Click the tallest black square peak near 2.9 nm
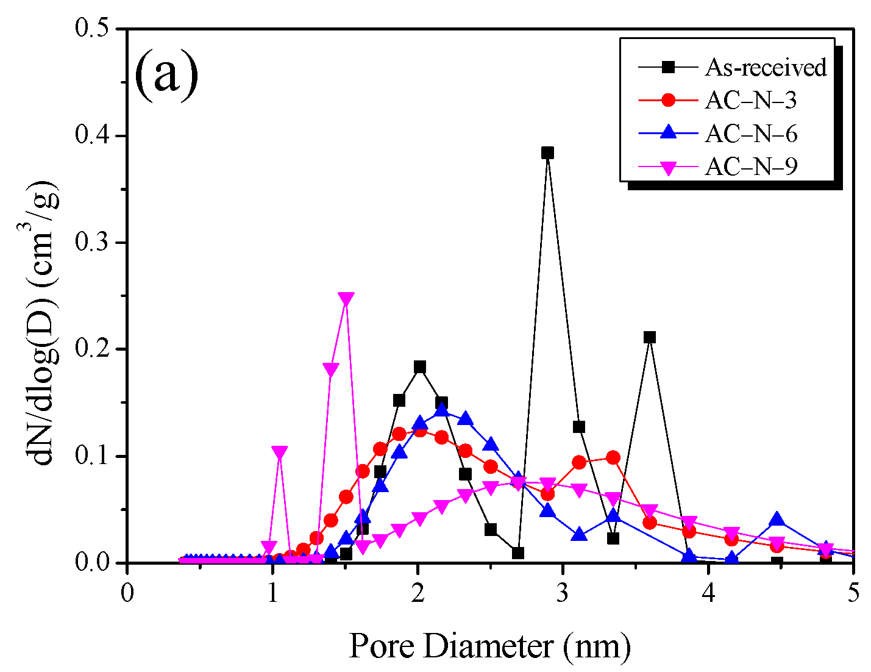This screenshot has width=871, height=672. [x=547, y=152]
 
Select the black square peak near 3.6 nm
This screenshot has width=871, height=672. [x=650, y=337]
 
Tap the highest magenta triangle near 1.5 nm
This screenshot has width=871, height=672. [x=346, y=299]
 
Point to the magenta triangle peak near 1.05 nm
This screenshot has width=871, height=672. [x=280, y=452]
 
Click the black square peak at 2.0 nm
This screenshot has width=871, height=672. [x=419, y=366]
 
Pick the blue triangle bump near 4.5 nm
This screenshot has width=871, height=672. [x=777, y=520]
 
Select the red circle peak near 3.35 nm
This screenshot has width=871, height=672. [x=613, y=457]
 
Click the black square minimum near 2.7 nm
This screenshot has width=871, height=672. [x=518, y=553]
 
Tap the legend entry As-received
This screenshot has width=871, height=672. [x=766, y=67]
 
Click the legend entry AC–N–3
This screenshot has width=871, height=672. [x=750, y=100]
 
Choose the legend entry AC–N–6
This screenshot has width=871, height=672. [x=750, y=133]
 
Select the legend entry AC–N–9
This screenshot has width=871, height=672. [x=750, y=166]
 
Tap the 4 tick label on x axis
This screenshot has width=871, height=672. [x=708, y=593]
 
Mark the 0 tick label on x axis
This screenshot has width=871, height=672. [x=127, y=593]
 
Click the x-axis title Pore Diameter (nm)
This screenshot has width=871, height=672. [x=489, y=645]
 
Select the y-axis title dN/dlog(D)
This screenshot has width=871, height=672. [x=46, y=323]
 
